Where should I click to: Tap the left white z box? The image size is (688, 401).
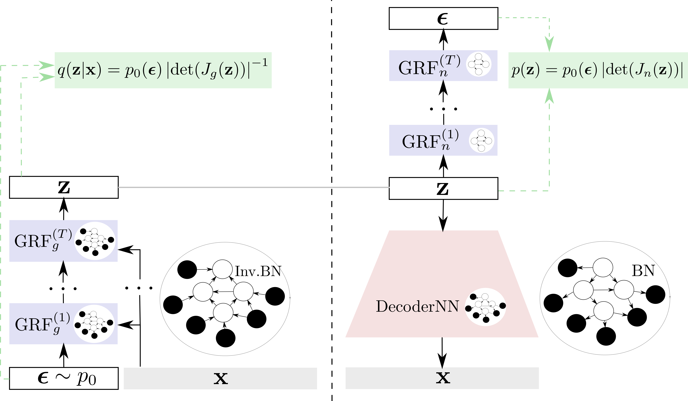coord(64,187)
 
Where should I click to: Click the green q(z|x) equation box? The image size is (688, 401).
coord(163,70)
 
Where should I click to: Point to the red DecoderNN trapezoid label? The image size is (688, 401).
coord(417,306)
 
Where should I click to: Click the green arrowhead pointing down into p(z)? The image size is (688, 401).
coord(549,44)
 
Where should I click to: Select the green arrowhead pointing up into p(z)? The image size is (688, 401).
coord(549,96)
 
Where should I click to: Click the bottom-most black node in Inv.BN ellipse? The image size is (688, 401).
coord(226,338)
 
